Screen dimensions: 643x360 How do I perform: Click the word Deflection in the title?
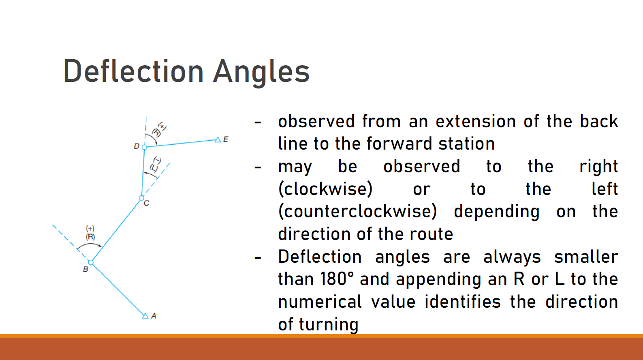pos(133,71)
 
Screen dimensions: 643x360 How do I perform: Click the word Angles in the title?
pos(261,73)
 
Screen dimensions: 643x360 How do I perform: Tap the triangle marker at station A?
pos(145,316)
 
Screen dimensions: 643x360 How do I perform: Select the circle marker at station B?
pos(91,262)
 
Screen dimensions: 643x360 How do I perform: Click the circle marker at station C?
pos(141,198)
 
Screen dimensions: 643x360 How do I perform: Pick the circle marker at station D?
pos(145,147)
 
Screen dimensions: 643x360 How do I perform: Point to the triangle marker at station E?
pos(218,139)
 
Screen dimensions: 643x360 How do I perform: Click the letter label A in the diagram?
pos(154,316)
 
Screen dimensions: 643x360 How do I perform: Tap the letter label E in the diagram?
pos(226,139)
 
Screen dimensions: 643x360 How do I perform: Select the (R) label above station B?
pos(90,237)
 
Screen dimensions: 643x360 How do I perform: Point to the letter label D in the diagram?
pos(137,146)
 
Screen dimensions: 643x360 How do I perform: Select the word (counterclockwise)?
pos(358,212)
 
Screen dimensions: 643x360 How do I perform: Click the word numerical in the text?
pos(320,302)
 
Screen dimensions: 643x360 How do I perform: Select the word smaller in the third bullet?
pos(586,257)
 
